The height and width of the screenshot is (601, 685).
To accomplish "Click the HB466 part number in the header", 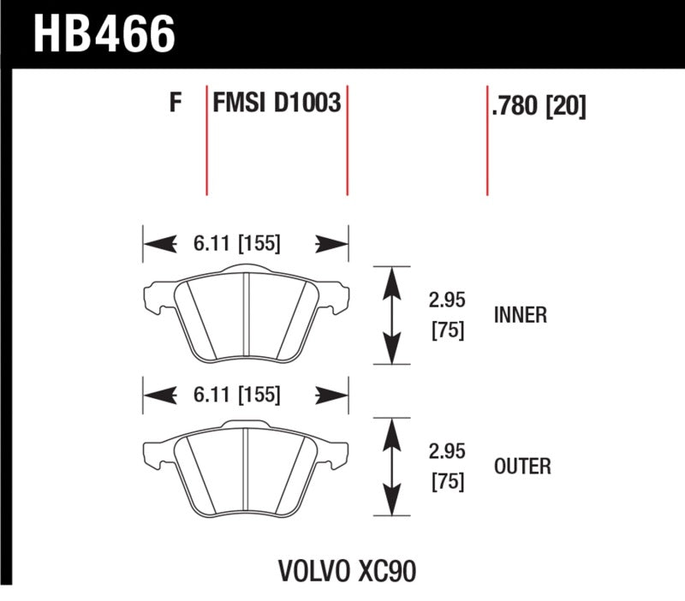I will tap(104, 34).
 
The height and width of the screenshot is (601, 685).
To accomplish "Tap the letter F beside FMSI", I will tap(176, 104).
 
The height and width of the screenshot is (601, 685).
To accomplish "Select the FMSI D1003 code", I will tap(277, 104).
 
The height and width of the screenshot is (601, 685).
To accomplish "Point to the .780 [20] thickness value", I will tap(539, 107).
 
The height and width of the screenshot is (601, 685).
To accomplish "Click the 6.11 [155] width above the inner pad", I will tap(232, 244).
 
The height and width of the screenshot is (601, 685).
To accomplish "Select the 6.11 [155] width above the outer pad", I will tap(232, 395).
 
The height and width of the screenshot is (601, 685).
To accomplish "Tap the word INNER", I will tap(521, 315).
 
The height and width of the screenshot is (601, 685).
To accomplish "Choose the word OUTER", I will tap(522, 467).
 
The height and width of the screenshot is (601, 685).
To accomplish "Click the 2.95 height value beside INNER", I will tap(445, 301).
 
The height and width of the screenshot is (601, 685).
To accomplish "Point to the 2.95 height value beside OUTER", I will tap(445, 453).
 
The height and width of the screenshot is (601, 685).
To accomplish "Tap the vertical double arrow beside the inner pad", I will tap(392, 315).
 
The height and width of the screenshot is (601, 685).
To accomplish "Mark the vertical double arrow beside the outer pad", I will tap(392, 467).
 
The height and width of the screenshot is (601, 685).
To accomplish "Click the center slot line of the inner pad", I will tap(246, 315).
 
